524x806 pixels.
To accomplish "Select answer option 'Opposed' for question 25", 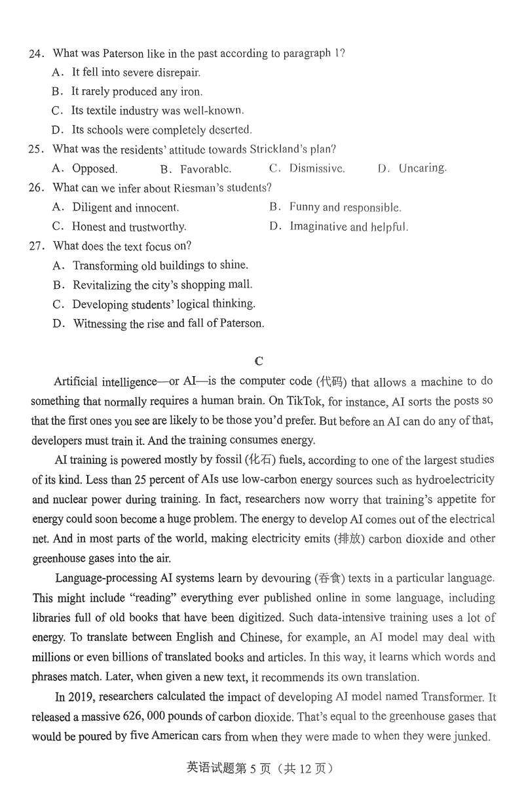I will (x=94, y=169).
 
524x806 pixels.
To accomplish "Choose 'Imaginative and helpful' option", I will (x=348, y=227).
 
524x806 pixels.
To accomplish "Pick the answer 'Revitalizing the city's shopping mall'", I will (x=162, y=285).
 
